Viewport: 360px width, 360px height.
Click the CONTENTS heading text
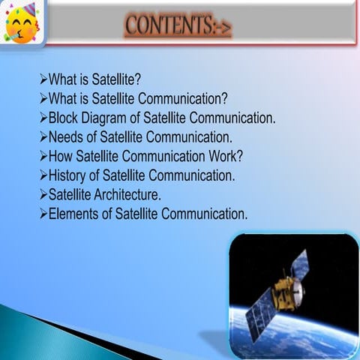(x=178, y=25)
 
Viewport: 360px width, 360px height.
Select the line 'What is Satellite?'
(x=94, y=79)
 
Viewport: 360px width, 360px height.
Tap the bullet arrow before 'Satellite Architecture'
(x=43, y=196)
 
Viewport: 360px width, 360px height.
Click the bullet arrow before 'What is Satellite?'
(x=43, y=79)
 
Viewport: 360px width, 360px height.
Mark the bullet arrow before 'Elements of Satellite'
(x=43, y=214)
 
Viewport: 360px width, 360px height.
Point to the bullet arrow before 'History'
(x=43, y=176)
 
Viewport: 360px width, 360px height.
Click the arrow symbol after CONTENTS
(x=223, y=28)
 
